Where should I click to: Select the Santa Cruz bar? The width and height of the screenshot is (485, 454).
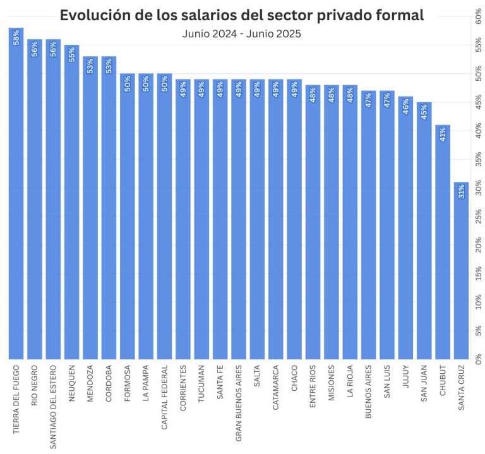coord(462,272)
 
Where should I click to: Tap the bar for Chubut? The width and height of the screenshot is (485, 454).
coord(443,246)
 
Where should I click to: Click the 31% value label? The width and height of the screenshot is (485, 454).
coord(462,191)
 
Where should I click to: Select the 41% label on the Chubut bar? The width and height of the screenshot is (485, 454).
coord(443,134)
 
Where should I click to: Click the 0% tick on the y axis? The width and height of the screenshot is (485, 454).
coord(477,356)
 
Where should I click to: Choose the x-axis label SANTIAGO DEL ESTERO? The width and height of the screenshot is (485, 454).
coord(54,404)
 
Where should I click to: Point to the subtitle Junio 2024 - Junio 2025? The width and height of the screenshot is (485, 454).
coord(241,33)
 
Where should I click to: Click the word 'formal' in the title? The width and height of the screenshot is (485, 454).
coord(398,15)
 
